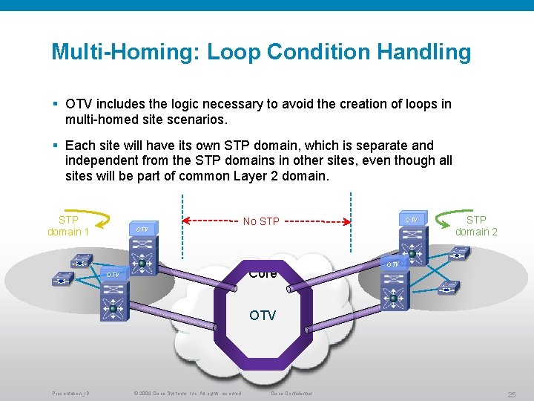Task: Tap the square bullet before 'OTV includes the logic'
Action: click(56, 104)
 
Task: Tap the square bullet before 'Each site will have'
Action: click(56, 146)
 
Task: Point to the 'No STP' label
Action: click(261, 221)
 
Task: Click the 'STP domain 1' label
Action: click(68, 226)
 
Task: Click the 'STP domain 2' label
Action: click(476, 226)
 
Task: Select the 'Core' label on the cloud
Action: click(263, 274)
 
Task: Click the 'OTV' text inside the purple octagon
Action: click(263, 316)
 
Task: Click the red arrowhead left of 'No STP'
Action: click(188, 221)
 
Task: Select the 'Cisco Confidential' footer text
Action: click(291, 393)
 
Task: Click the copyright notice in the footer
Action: click(186, 393)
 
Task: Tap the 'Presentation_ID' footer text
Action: click(70, 393)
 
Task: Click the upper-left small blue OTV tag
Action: click(143, 229)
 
